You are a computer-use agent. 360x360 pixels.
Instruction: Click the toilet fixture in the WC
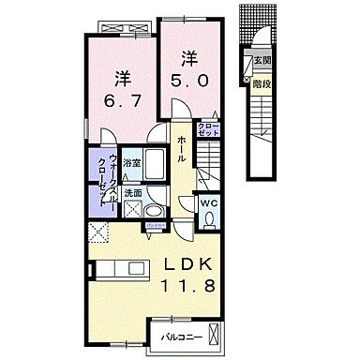pos(209,219)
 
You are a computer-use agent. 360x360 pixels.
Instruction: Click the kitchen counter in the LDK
pos(121,270)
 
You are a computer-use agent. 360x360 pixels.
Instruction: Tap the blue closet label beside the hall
pos(207,131)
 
